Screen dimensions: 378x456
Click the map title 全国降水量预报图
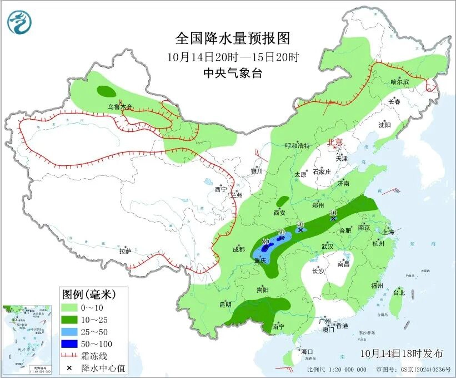point(233,38)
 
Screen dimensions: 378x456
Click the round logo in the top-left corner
point(19,22)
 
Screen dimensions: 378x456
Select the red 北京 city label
point(335,143)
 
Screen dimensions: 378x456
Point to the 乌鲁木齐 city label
point(120,107)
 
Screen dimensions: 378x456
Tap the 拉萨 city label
point(126,251)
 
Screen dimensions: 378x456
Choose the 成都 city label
point(239,249)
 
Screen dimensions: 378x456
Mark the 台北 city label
point(399,292)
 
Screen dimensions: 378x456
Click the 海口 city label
point(307,351)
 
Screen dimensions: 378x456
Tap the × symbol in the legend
point(71,368)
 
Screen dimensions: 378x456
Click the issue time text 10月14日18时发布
point(401,354)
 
